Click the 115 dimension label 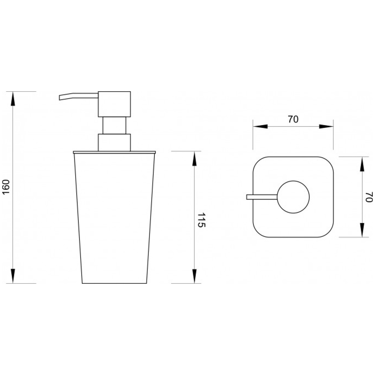tap(201, 220)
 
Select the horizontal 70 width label tap(293, 119)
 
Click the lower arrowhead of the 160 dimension tap(13, 276)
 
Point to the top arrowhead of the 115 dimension tap(194, 159)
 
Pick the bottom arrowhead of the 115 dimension tap(194, 276)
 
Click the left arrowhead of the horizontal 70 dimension tap(260, 127)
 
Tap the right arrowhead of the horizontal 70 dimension tap(326, 127)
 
